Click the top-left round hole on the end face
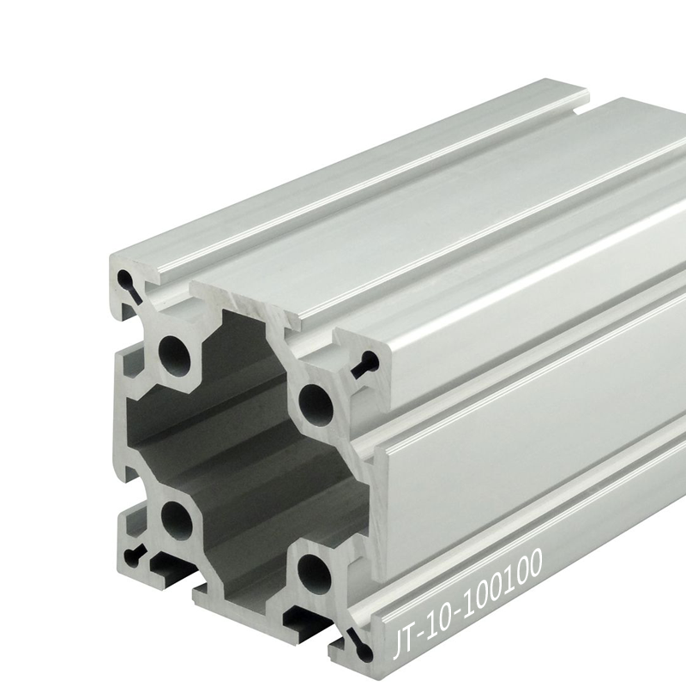(x=175, y=352)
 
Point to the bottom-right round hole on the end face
(x=314, y=574)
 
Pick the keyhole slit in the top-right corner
(x=365, y=364)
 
